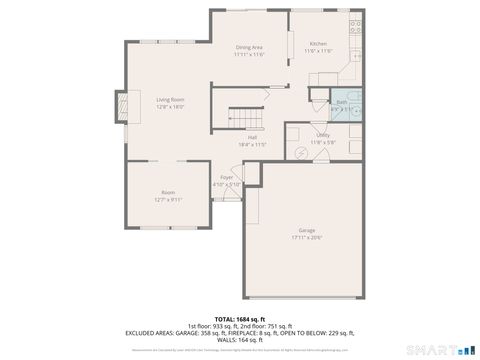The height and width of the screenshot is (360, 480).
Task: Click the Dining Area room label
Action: coord(249,47)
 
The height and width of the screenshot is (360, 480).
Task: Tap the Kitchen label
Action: coord(318,44)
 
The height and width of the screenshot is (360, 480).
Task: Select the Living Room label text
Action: coord(170,99)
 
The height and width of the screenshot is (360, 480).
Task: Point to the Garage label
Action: coord(306,230)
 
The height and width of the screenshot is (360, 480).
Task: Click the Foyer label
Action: coord(228,177)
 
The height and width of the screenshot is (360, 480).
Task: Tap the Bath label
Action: coord(341,101)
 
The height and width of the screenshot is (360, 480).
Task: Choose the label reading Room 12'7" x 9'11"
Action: coord(168,195)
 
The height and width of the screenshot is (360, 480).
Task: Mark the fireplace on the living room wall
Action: coord(121,105)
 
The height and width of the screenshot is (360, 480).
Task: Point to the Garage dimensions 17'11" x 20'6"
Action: coord(306,237)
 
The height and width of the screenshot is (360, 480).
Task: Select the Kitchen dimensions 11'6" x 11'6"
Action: coord(318,51)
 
